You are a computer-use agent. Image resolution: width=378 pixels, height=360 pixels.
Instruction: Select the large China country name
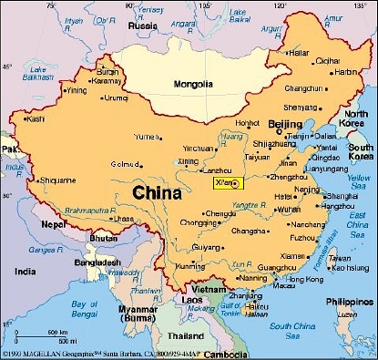coord(157,193)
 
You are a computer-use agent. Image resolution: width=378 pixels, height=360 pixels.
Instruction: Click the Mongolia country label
coord(193,85)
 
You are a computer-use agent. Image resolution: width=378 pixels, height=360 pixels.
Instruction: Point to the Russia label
coord(143,26)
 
